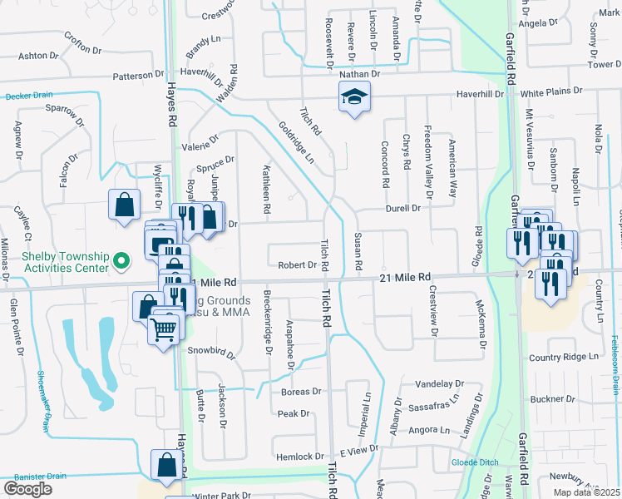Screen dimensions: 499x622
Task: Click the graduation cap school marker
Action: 354,99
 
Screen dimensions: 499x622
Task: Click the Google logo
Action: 27,489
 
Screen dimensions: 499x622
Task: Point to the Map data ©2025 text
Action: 587,492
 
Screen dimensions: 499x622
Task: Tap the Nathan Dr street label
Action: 359,74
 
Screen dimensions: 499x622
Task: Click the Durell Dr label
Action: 402,208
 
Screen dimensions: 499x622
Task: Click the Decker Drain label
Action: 28,96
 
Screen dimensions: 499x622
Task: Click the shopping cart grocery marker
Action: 163,329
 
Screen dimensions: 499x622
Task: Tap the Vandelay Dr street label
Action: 439,384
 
